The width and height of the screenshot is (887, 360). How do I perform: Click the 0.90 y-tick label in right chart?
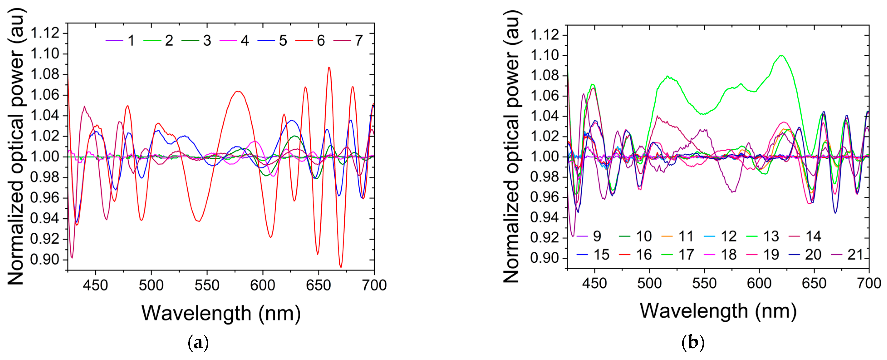(544, 258)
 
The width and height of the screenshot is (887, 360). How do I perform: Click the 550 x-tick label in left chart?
(207, 285)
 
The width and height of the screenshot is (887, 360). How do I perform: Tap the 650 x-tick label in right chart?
(814, 283)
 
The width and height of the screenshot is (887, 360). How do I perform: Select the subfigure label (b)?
(693, 343)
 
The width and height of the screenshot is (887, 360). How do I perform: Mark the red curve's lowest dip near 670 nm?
(341, 267)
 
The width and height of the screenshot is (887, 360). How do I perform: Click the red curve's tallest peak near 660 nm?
(329, 67)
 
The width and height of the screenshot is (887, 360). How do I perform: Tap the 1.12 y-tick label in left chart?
(45, 33)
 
